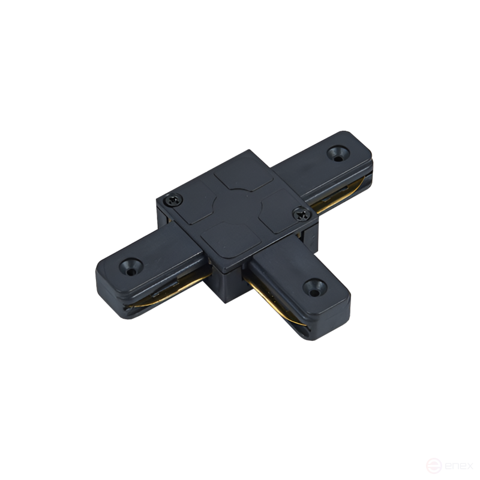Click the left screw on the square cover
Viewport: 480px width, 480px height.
click(x=173, y=200)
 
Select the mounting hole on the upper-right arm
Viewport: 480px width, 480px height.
click(x=338, y=154)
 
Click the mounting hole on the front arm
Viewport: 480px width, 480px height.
click(x=315, y=287)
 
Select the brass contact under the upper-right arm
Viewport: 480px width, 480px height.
click(x=340, y=196)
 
